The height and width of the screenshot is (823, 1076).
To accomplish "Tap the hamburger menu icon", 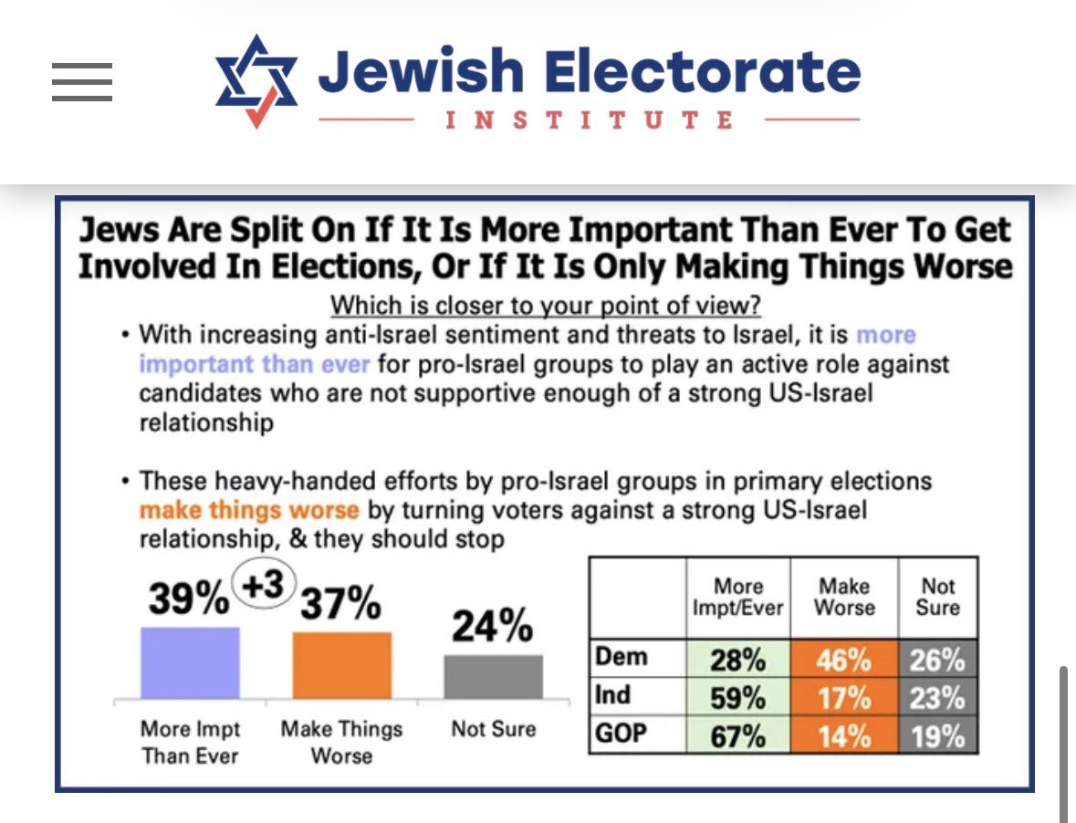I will (82, 82).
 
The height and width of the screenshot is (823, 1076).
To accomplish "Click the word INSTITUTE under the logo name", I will (590, 120).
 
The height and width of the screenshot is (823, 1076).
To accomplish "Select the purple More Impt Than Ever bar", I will (190, 662).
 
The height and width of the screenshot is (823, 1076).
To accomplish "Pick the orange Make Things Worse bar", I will (341, 665).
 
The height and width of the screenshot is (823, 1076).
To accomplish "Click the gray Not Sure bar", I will (493, 676).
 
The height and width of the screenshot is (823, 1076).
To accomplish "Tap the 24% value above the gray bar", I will (493, 627).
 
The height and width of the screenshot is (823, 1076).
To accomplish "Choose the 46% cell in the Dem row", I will (844, 659).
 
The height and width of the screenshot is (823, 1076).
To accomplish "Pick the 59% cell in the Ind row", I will (738, 697).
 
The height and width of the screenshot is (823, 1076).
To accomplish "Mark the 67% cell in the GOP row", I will (738, 735).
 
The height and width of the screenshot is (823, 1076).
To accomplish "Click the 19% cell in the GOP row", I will (937, 735).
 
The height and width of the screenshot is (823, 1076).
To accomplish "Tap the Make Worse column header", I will (844, 597).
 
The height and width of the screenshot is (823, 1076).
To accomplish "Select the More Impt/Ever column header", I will (738, 597).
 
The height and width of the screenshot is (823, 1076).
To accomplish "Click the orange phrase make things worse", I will (248, 509).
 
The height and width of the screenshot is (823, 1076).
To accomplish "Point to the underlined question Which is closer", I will (545, 305).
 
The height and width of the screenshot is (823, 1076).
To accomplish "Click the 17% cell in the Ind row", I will (844, 697).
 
